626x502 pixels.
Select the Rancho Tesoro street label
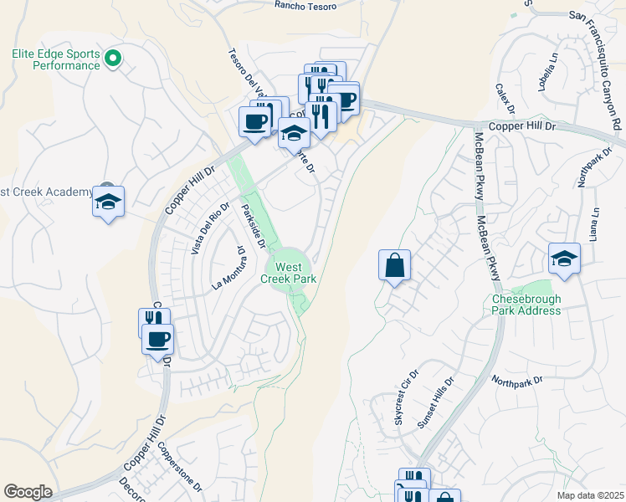[305, 6]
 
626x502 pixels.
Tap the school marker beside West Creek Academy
[108, 202]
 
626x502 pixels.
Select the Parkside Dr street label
[254, 227]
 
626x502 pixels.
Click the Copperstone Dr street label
[178, 470]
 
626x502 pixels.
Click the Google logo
[28, 492]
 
